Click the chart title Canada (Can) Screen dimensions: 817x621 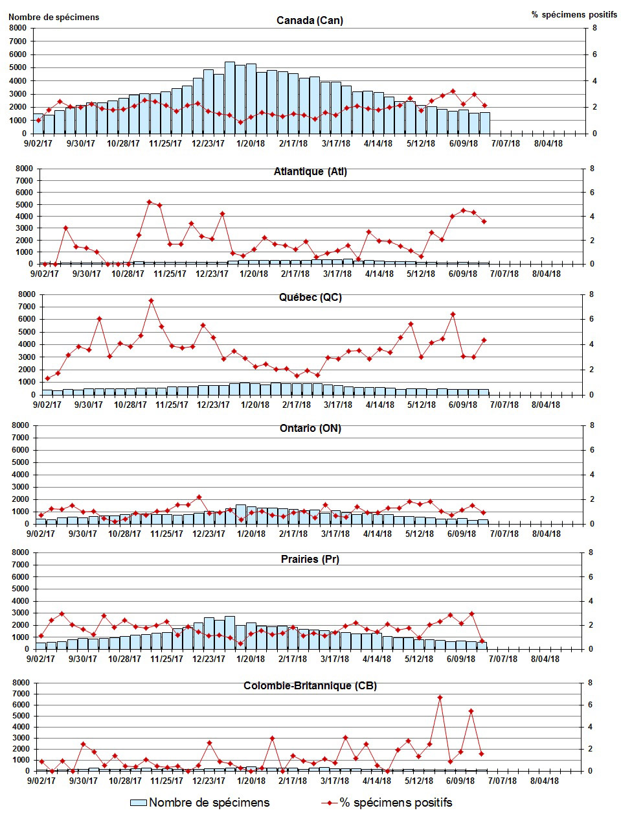click(x=310, y=20)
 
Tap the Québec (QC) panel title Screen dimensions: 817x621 click(x=310, y=298)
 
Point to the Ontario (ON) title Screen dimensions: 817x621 click(x=310, y=428)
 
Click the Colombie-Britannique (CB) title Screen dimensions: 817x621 click(x=310, y=685)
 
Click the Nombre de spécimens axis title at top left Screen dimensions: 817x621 click(x=54, y=17)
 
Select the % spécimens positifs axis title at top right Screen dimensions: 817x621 click(x=574, y=14)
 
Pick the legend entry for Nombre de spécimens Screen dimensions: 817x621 click(x=200, y=802)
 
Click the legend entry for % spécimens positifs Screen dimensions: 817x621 click(x=387, y=802)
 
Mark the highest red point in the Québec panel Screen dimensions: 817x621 click(x=151, y=301)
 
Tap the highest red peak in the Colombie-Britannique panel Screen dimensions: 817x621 click(x=440, y=698)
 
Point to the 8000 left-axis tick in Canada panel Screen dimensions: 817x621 click(x=17, y=28)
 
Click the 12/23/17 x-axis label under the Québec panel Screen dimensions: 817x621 click(x=214, y=405)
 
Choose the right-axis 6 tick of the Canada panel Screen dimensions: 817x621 click(x=594, y=54)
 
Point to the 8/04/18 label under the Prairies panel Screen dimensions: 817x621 click(x=545, y=659)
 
